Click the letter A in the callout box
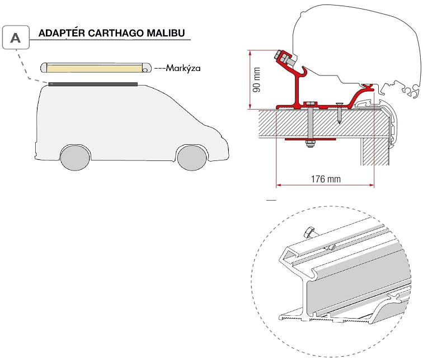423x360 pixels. tap(17, 37)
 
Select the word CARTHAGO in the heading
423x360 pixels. tap(115, 33)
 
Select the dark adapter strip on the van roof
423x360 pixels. tap(92, 84)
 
